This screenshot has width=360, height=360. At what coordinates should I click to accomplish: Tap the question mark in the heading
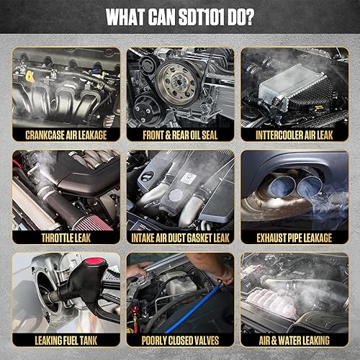[x=249, y=17]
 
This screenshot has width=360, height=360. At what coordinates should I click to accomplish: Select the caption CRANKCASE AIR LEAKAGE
[x=66, y=135]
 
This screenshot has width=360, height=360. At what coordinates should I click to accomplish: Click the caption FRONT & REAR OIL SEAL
[x=180, y=135]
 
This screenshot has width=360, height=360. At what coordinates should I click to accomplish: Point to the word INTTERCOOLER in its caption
[x=279, y=135]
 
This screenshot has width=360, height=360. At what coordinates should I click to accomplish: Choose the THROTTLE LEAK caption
[x=66, y=238]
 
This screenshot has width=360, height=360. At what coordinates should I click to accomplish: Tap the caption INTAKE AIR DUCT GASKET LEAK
[x=180, y=238]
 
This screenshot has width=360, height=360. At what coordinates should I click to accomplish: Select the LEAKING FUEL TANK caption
[x=66, y=341]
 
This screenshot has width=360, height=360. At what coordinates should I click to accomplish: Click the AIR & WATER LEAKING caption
[x=294, y=341]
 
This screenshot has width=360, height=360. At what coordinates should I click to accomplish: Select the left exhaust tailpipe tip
[x=282, y=186]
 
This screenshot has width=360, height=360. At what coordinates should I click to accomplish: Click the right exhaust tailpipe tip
[x=310, y=186]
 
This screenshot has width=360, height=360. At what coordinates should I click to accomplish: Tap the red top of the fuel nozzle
[x=94, y=261]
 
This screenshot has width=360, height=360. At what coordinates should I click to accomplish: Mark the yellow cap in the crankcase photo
[x=30, y=77]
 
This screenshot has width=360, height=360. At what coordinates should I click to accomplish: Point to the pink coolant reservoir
[x=272, y=304]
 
